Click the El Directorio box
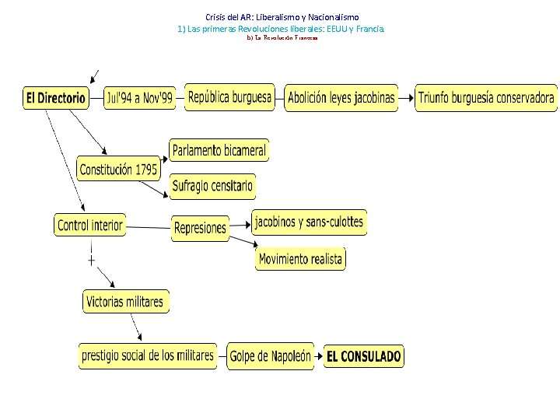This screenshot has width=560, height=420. click(x=56, y=99)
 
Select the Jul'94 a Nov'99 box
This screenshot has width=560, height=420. click(x=140, y=99)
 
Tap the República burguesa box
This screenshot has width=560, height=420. click(x=230, y=97)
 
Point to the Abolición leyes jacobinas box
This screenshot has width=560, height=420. click(x=341, y=99)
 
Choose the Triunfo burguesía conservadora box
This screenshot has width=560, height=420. click(x=486, y=98)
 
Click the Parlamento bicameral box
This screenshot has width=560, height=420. click(x=219, y=150)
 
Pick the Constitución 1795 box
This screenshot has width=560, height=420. click(x=118, y=169)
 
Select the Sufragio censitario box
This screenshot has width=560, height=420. click(x=212, y=187)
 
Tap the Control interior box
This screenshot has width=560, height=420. click(x=90, y=226)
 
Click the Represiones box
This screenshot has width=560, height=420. click(x=201, y=229)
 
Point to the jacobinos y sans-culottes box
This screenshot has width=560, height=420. click(x=309, y=222)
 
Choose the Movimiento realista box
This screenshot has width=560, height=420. click(x=300, y=259)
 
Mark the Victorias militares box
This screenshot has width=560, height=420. click(x=125, y=302)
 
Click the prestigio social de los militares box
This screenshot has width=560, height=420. click(x=148, y=356)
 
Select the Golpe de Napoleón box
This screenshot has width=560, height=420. click(x=271, y=357)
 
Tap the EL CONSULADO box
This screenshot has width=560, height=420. click(x=364, y=357)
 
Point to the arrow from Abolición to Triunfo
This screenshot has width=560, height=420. click(x=407, y=99)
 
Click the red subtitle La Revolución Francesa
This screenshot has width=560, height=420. click(x=282, y=37)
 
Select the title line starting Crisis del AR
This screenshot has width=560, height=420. click(x=282, y=16)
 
